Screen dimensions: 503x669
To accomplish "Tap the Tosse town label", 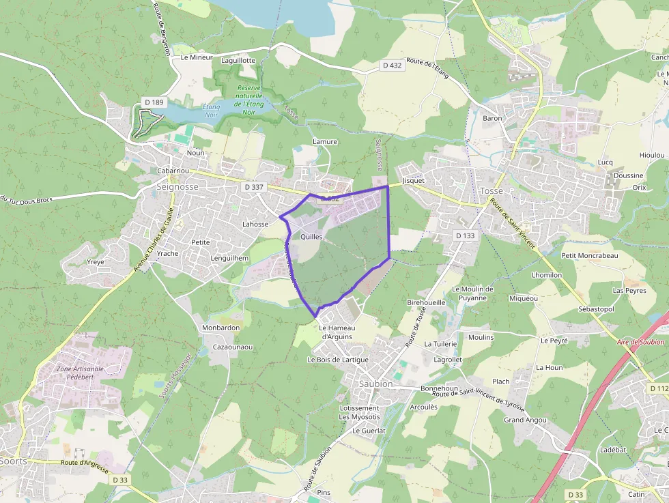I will [491, 190].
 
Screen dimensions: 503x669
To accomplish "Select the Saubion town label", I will [375, 384].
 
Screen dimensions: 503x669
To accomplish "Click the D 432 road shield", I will [391, 66].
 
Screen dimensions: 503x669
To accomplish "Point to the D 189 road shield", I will [154, 102].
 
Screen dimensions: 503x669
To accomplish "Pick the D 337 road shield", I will [253, 186].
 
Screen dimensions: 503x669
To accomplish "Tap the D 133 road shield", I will [464, 235].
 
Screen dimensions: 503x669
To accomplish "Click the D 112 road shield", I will [658, 388].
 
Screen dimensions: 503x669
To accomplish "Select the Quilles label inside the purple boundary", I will [311, 236].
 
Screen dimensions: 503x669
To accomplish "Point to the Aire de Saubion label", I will [640, 342].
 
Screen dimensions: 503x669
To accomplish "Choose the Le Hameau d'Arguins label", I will [335, 332].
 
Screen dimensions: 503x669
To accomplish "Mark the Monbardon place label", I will [220, 328].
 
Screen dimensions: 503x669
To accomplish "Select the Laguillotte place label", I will [238, 60].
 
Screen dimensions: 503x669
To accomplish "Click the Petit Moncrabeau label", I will [589, 255].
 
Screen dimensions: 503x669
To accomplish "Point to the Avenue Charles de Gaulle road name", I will [154, 239].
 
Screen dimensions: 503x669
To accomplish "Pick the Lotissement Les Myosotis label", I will [359, 412].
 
